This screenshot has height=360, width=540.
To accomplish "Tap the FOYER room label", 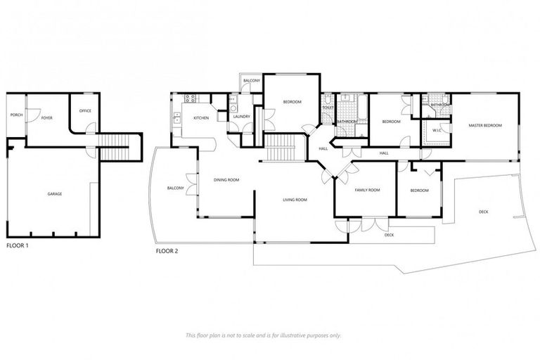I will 46,117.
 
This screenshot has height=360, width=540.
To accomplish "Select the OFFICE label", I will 85,110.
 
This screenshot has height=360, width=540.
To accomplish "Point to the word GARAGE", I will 54,194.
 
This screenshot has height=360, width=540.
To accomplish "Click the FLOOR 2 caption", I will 167,250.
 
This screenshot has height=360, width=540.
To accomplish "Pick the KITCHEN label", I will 201,117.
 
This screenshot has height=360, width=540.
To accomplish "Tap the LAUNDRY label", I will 242,117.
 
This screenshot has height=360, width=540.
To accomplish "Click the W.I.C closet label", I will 436,130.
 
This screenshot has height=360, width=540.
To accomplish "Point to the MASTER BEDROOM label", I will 485,125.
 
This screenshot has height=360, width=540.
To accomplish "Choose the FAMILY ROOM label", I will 367,191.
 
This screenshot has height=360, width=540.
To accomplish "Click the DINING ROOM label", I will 226,180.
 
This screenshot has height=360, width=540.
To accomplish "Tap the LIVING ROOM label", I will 295,200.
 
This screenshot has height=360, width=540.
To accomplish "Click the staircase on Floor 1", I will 113,148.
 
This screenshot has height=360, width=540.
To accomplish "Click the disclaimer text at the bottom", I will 264,335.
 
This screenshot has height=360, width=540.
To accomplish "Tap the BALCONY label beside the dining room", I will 176,188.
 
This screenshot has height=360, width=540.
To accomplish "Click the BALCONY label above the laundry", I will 252,81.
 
